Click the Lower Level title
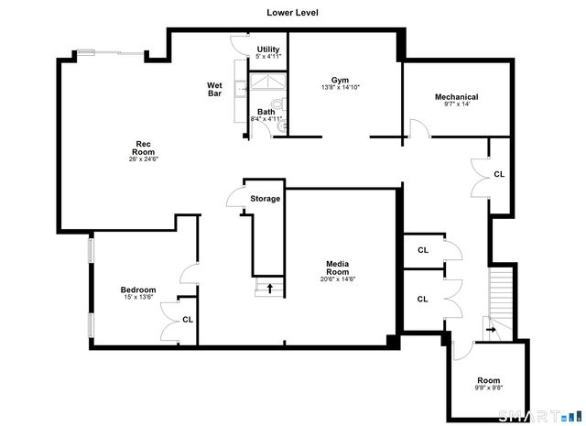pyautogui.click(x=292, y=13)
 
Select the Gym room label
pyautogui.click(x=340, y=80)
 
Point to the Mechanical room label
pyautogui.click(x=456, y=96)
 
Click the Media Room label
pyautogui.click(x=337, y=268)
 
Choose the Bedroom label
pyautogui.click(x=139, y=289)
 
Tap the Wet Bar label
pyautogui.click(x=215, y=89)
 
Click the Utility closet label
pyautogui.click(x=268, y=49)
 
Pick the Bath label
pyautogui.click(x=266, y=112)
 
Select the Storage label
pyautogui.click(x=266, y=198)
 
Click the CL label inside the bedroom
pyautogui.click(x=187, y=320)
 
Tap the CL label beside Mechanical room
pyautogui.click(x=499, y=173)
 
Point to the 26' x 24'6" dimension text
pyautogui.click(x=143, y=159)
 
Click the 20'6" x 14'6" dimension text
pyautogui.click(x=337, y=279)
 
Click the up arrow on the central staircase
pyautogui.click(x=270, y=289)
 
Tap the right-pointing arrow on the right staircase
pyautogui.click(x=491, y=329)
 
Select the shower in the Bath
pyautogui.click(x=269, y=85)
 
